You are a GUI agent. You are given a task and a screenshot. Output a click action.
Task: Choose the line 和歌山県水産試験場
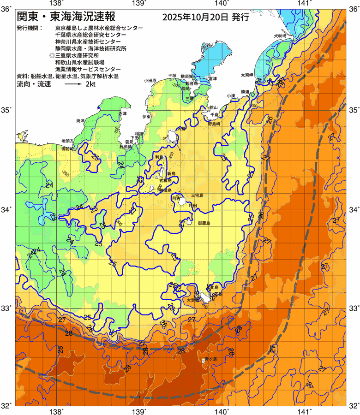pos(79,62)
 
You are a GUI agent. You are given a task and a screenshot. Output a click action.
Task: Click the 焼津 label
pos(80,120)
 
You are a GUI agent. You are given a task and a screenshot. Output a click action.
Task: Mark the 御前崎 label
pos(68,149)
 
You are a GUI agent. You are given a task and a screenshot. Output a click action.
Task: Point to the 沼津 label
pos(122,113)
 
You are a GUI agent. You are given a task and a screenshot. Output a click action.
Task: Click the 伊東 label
pos(147,116)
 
